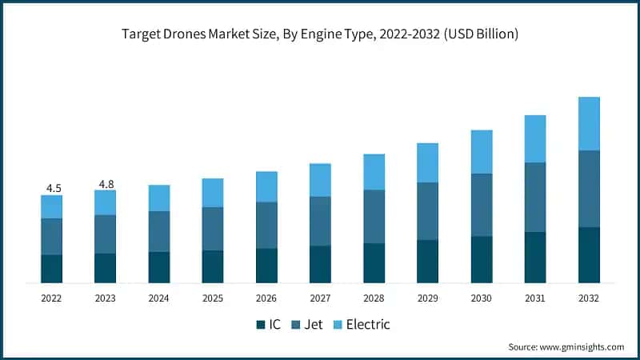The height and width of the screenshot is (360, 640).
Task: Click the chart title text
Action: (x=320, y=34)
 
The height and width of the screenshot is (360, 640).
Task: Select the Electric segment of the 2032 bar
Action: (x=589, y=123)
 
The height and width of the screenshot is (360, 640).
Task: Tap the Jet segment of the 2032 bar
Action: (x=589, y=189)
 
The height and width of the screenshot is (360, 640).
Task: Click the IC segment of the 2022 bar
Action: (x=52, y=268)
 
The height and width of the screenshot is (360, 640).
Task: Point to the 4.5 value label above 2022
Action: (x=54, y=188)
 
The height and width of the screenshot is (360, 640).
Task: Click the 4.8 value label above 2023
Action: (x=106, y=184)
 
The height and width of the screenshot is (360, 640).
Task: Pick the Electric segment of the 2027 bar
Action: (x=320, y=180)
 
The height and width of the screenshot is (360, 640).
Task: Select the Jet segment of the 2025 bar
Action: (x=213, y=229)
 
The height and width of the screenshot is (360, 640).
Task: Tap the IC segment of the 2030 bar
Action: (x=482, y=259)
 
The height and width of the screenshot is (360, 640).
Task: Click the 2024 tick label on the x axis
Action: (x=159, y=298)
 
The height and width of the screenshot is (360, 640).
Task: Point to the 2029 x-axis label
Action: (x=428, y=298)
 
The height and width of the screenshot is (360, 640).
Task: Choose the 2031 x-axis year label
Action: (x=535, y=298)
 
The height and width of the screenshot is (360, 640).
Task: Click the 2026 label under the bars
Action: (x=266, y=298)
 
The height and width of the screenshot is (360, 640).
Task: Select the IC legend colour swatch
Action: (x=261, y=325)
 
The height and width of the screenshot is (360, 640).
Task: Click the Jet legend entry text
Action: (x=314, y=325)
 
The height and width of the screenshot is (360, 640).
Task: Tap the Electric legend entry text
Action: (x=367, y=325)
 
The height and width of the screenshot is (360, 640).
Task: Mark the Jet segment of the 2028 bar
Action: (x=374, y=216)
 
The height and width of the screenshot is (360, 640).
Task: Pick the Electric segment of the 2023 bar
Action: (x=105, y=202)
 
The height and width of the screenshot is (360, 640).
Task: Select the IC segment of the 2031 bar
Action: (x=535, y=257)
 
